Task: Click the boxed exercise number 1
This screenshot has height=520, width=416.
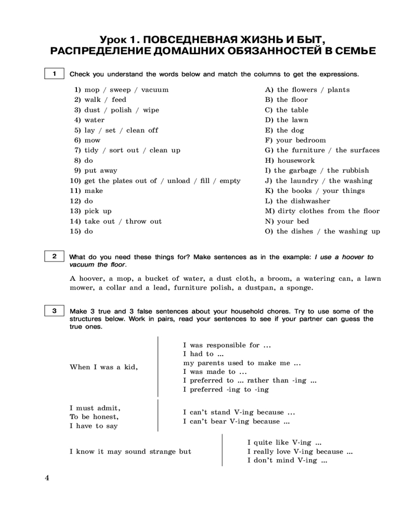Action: (x=54, y=74)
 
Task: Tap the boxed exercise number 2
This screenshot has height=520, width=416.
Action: (x=54, y=256)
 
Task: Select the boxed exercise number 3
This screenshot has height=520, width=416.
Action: (x=54, y=311)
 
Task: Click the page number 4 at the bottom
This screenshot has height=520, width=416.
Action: (x=47, y=478)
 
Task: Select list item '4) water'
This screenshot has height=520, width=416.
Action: (x=89, y=120)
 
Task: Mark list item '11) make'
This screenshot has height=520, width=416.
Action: (x=86, y=191)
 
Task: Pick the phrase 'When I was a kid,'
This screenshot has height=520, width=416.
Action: (x=104, y=367)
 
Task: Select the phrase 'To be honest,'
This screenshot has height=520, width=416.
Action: (x=94, y=417)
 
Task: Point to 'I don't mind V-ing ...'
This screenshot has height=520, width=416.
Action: (x=287, y=461)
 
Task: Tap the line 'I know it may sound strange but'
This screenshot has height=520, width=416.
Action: (x=131, y=451)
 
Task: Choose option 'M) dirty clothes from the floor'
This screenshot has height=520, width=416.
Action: (x=322, y=211)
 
